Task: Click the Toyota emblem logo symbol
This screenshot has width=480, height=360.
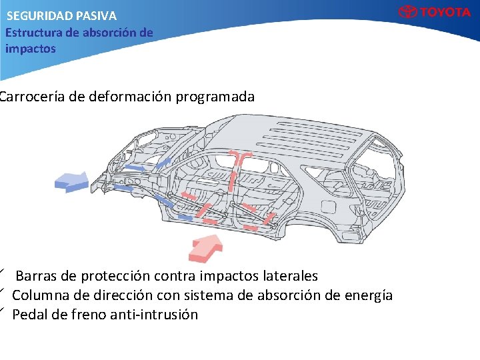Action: click(407, 12)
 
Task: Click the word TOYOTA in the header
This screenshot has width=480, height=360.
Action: click(445, 12)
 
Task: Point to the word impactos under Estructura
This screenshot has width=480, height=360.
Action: click(31, 49)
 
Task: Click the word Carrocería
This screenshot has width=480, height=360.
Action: click(32, 97)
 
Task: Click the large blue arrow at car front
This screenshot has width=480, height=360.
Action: click(71, 179)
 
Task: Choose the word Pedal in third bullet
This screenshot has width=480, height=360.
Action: click(29, 314)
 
